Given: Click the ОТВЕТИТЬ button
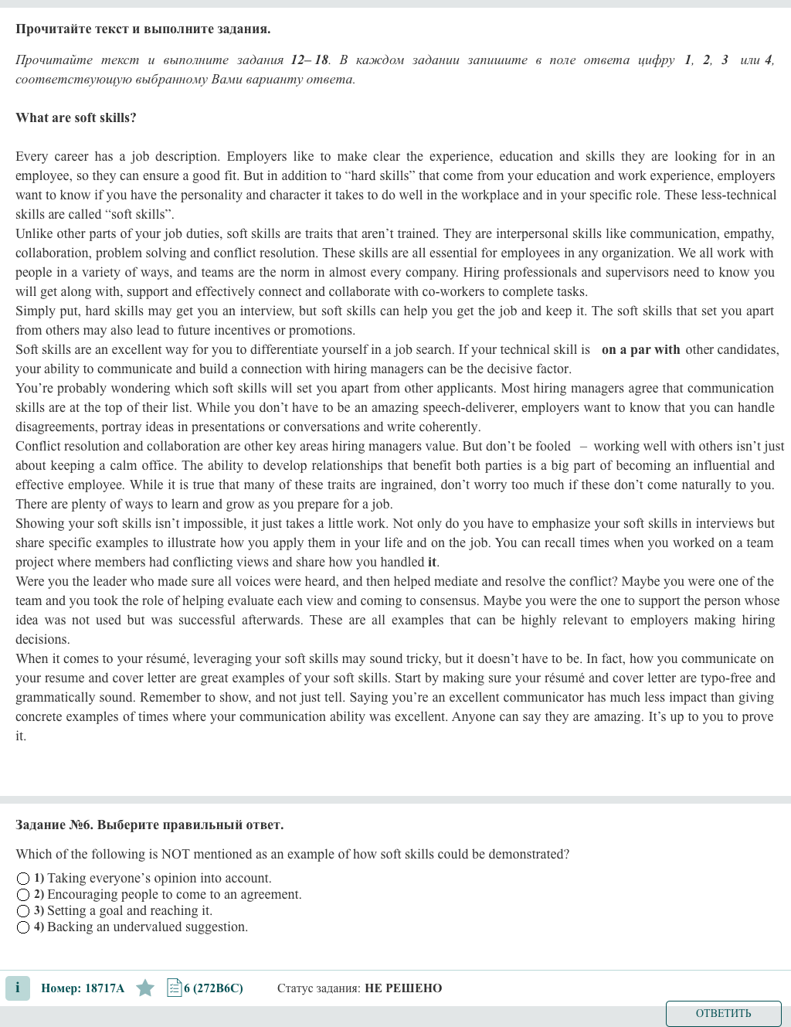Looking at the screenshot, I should [x=723, y=1013].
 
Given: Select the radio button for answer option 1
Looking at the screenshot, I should [x=23, y=879].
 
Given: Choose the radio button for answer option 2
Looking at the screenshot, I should [x=23, y=895].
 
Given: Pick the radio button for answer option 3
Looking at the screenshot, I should [x=23, y=911].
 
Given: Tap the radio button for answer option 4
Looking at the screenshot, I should [x=23, y=927].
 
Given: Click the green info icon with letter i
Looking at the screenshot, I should [x=18, y=988].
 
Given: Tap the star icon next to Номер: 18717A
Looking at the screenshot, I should [x=145, y=988].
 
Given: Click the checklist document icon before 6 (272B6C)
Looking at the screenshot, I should [x=174, y=988].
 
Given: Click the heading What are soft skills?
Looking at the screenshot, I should [x=76, y=117].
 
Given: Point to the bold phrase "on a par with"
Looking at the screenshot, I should [x=640, y=349].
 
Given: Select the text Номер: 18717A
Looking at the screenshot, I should [x=83, y=988].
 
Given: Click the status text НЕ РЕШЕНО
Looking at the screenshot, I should [x=403, y=988].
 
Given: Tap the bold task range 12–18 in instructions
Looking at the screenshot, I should [x=310, y=60].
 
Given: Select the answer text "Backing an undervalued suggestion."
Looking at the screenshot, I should [x=148, y=927].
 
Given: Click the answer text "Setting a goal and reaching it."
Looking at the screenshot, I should [x=130, y=910].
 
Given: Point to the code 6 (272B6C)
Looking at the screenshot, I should [x=214, y=988].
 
